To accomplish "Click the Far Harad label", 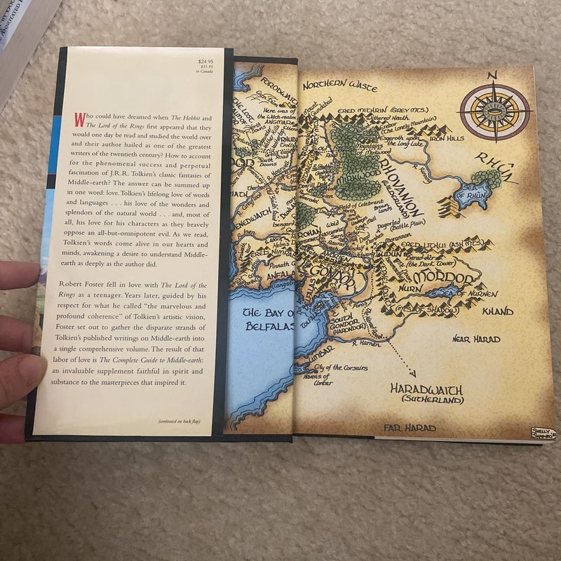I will click(x=410, y=428).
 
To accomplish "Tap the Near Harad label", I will click(x=476, y=339).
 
